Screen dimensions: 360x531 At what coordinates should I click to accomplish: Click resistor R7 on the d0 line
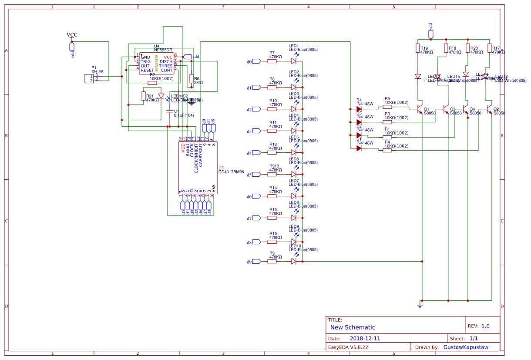(x=272, y=61)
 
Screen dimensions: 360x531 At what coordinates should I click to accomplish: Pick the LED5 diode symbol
(x=294, y=153)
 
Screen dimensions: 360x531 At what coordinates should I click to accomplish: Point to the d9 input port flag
(x=255, y=262)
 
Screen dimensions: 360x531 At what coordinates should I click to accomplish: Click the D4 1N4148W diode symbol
(x=359, y=109)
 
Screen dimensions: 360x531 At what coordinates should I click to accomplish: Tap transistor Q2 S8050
(x=490, y=109)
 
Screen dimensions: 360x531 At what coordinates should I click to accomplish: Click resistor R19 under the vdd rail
(x=418, y=48)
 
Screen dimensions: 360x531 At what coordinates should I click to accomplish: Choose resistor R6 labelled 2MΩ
(x=192, y=78)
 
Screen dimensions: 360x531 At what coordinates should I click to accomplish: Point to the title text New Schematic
(x=353, y=327)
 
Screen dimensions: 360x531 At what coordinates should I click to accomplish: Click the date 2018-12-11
(x=365, y=338)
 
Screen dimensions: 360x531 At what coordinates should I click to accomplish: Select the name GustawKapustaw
(x=466, y=347)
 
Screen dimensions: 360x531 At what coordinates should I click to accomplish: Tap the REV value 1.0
(x=485, y=326)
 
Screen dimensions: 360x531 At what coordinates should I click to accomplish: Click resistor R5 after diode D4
(x=387, y=107)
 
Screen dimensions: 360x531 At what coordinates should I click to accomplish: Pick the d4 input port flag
(x=255, y=153)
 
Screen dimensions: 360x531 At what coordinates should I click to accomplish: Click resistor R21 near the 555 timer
(x=144, y=96)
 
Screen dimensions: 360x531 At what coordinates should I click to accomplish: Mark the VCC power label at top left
(x=72, y=35)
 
